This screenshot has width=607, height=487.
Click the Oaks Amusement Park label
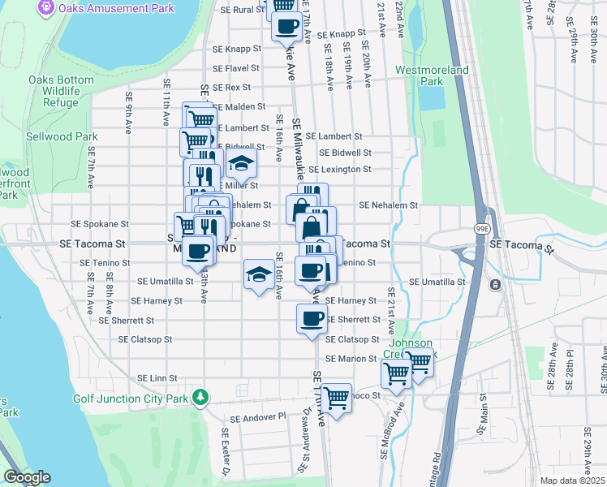pos(115,8)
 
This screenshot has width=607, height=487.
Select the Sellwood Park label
pos(62,136)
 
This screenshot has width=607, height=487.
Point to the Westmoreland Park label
pos(432,75)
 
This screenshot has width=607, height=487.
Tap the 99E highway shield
pos(480,231)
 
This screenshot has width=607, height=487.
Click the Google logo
pos(26,477)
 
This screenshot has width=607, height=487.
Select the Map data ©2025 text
pos(572,481)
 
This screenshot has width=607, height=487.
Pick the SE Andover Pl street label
pos(258,418)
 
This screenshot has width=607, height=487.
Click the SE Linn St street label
pos(157,378)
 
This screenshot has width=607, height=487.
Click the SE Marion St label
pos(351,358)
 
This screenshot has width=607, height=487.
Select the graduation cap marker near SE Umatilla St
pos(259,275)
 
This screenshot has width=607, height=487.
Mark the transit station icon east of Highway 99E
pos(494,284)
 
